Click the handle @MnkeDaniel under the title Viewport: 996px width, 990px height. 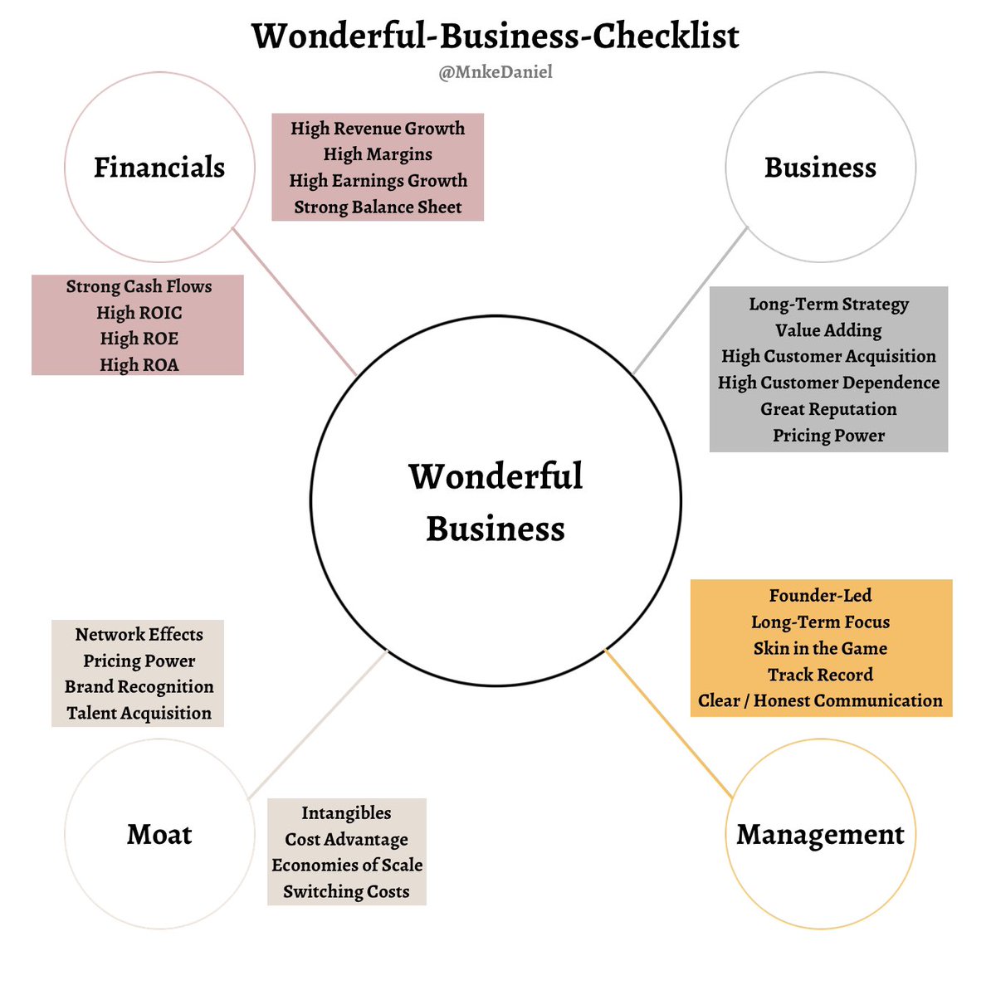point(496,72)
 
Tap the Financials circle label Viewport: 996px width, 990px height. point(159,167)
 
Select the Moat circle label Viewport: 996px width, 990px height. point(159,834)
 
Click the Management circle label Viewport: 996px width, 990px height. point(820,834)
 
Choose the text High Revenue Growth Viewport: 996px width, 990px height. point(378,129)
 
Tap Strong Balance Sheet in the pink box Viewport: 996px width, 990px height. point(378,207)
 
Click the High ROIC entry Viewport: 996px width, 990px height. point(139,313)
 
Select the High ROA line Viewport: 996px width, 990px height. point(139,365)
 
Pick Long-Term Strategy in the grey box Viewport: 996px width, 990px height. point(828,304)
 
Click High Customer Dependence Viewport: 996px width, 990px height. point(828,383)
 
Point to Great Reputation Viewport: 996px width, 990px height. point(828,409)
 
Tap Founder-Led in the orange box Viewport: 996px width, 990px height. point(820,596)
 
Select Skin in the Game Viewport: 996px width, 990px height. point(820,648)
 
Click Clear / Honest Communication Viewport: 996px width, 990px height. point(820,700)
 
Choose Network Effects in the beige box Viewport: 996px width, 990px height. point(139,635)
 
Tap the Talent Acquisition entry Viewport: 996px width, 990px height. point(139,713)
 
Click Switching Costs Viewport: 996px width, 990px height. point(346,891)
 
